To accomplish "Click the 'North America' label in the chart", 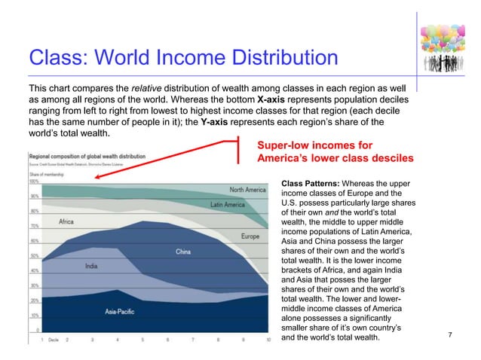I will click(247, 190).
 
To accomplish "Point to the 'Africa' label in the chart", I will click(66, 221).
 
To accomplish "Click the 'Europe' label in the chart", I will click(250, 236).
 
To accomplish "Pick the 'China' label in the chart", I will click(183, 253).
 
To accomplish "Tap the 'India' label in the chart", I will click(91, 265).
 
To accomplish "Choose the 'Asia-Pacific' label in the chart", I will click(121, 310).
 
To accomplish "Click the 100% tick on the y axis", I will click(34, 182).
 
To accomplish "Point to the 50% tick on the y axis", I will click(35, 256).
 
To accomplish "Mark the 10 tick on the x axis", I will click(268, 340).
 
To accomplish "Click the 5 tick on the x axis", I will click(142, 340).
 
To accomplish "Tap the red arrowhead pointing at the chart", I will click(96, 179).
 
